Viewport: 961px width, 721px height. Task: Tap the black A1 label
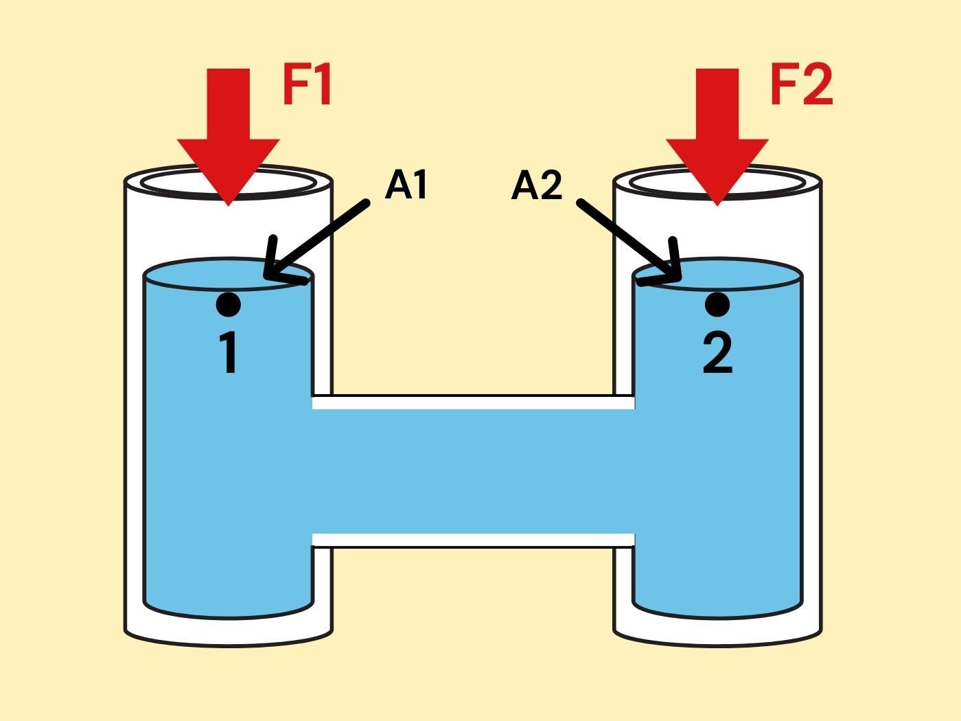pyautogui.click(x=406, y=185)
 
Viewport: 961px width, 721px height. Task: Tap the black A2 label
pyautogui.click(x=537, y=185)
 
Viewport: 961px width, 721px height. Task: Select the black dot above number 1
pyautogui.click(x=228, y=304)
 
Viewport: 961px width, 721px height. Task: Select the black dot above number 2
pyautogui.click(x=717, y=304)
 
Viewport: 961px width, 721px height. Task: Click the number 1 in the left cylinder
pyautogui.click(x=229, y=354)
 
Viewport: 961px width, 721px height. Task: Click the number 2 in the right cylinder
pyautogui.click(x=717, y=354)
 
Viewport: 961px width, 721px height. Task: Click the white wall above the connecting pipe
pyautogui.click(x=474, y=402)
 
